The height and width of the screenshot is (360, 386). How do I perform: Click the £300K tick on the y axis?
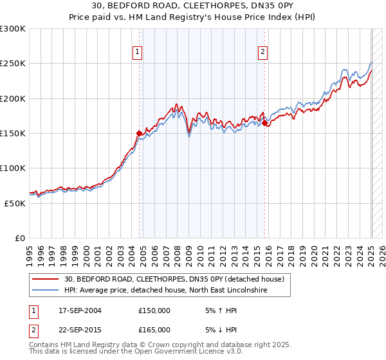14,29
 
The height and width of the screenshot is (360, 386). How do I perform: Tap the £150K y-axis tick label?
14,134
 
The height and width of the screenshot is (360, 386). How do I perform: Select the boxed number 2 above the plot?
264,53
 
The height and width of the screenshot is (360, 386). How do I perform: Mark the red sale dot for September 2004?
139,133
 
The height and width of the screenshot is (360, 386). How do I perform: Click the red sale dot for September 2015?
265,123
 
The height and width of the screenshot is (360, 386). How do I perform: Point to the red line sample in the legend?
46,279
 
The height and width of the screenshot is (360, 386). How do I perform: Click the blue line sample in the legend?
46,291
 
